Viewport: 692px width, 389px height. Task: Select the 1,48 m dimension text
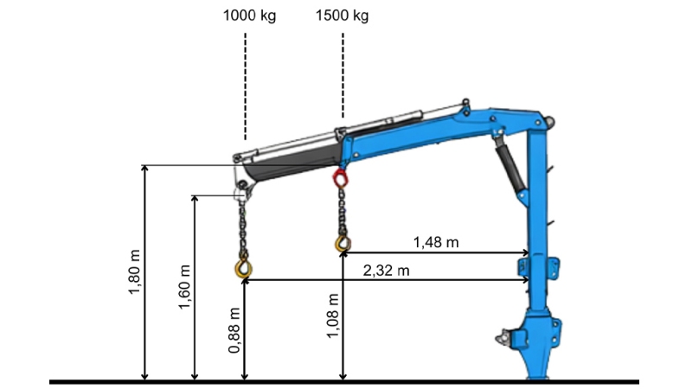coord(435,242)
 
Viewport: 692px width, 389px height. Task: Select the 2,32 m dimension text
coord(387,270)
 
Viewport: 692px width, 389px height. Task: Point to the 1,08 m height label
coord(332,315)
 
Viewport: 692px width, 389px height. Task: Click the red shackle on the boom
coord(341,179)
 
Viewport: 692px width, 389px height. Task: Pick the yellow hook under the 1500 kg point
coord(343,243)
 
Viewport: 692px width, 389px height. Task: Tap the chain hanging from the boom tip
coord(243,230)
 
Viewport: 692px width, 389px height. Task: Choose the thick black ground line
coord(346,381)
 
